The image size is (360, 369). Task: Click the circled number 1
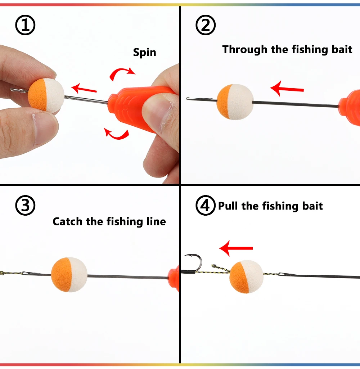pos(25,25)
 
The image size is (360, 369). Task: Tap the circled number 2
pos(206,25)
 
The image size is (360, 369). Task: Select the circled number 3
pos(25,205)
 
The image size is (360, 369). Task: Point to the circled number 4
pos(206,205)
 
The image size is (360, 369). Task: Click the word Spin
pos(144,52)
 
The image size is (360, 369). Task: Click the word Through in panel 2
pos(245,50)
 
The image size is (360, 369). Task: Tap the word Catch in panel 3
pos(67,221)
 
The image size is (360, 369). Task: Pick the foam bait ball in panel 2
pos(235,102)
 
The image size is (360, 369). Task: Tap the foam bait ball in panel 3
pos(69,275)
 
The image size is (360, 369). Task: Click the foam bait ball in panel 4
pos(246,276)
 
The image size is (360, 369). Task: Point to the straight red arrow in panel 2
pos(287,89)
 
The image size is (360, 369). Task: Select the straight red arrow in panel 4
pos(236,248)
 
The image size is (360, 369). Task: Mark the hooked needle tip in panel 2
pos(188,98)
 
